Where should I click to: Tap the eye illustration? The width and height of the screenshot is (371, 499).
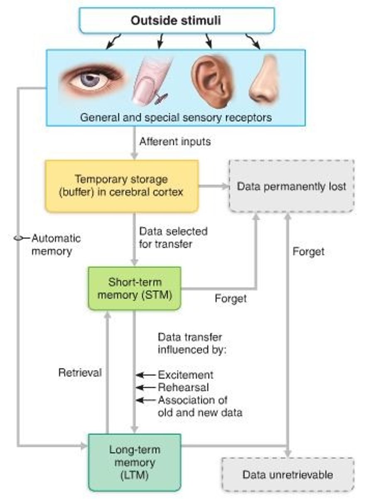click(91, 79)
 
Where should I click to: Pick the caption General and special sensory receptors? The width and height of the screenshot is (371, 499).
click(176, 117)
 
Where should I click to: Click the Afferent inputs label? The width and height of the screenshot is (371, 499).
click(175, 141)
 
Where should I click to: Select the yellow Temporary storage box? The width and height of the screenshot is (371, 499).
click(121, 186)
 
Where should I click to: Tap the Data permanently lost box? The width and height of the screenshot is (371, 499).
click(291, 186)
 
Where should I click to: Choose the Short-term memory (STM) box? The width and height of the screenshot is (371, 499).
click(135, 288)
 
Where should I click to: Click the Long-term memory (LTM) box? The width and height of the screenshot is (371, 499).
click(135, 462)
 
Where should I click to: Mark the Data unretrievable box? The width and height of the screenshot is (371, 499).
click(288, 474)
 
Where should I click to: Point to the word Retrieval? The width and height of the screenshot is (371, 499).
click(80, 373)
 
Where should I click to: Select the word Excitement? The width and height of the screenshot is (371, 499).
click(185, 375)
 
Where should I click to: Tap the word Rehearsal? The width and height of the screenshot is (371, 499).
click(183, 387)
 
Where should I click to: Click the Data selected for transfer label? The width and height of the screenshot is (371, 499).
click(173, 237)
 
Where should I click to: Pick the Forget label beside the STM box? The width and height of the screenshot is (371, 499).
click(231, 299)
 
